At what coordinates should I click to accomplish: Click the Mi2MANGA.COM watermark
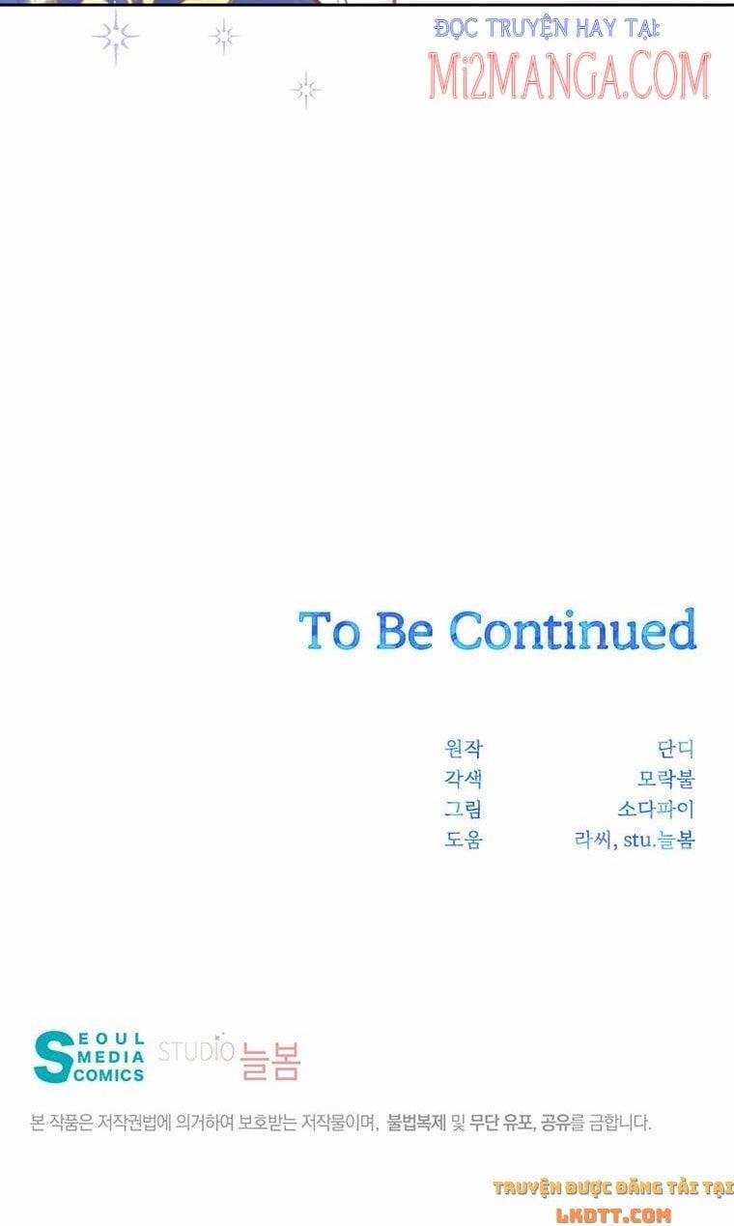(569, 75)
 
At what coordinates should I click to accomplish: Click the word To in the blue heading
(329, 631)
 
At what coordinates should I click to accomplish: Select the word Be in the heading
(405, 631)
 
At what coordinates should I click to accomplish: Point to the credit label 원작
(464, 749)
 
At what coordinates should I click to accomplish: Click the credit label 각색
(464, 779)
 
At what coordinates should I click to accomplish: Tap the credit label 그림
(464, 809)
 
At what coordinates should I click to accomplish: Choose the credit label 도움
(464, 839)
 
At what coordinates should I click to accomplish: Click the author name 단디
(676, 749)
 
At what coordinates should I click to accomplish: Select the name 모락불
(666, 779)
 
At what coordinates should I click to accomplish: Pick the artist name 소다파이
(657, 809)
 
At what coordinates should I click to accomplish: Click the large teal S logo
(53, 1057)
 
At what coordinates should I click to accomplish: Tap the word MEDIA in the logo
(111, 1057)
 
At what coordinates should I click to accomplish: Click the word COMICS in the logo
(109, 1075)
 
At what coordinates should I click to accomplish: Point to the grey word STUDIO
(196, 1051)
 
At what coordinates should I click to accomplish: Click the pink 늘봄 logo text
(270, 1060)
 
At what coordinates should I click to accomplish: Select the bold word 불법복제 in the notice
(417, 1123)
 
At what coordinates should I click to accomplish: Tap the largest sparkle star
(116, 38)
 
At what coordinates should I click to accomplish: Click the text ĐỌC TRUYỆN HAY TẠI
(547, 28)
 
